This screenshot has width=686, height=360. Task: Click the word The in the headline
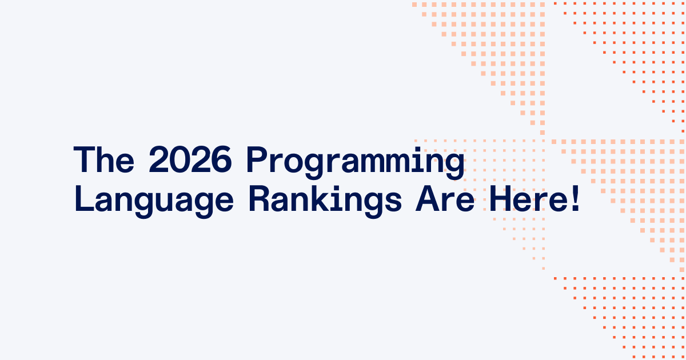click(104, 159)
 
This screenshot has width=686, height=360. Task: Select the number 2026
click(190, 159)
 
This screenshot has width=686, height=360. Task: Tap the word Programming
click(356, 163)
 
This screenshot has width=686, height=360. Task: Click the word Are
click(445, 199)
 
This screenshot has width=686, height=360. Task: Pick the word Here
click(530, 199)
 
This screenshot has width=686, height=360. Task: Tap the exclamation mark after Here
click(576, 199)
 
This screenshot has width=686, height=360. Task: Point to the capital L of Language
click(84, 199)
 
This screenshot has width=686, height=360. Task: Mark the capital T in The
click(85, 159)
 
